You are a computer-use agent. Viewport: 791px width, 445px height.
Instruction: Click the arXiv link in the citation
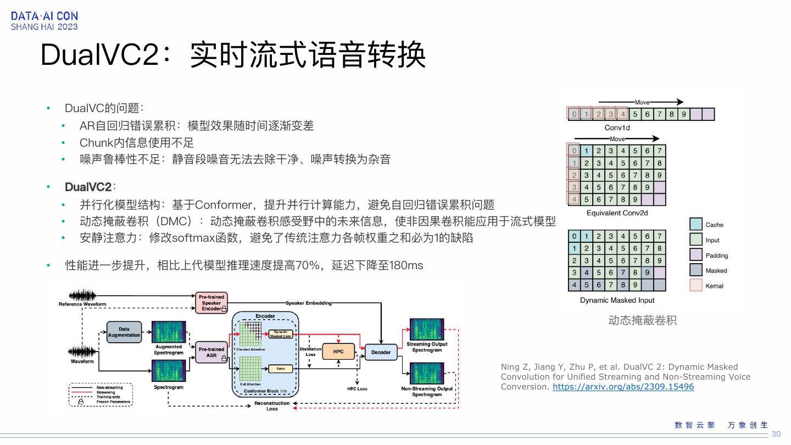[x=623, y=387]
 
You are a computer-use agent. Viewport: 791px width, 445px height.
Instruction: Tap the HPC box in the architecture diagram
[x=338, y=352]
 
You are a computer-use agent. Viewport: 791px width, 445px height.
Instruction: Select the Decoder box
[x=381, y=352]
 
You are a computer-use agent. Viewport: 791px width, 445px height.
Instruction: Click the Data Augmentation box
[x=124, y=332]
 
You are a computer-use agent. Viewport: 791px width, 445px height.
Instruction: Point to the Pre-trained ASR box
[x=211, y=352]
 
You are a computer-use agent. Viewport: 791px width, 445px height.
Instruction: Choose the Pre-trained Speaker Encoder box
[x=211, y=303]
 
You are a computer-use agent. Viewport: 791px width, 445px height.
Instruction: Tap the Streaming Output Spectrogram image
[x=427, y=329]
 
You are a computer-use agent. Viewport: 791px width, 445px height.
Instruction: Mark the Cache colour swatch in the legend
[x=696, y=224]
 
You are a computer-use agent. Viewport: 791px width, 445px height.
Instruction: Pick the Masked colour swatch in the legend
[x=696, y=270]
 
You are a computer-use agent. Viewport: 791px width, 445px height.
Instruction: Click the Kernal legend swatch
[x=696, y=286]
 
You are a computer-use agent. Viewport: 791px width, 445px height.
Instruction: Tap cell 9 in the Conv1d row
[x=683, y=114]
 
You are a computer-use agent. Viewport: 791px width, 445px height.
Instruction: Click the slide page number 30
[x=776, y=434]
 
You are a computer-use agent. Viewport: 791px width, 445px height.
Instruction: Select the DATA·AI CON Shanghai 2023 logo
[x=44, y=21]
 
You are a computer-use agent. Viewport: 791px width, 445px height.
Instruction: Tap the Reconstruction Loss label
[x=272, y=406]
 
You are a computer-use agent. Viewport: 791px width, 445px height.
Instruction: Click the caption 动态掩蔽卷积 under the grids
[x=642, y=320]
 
